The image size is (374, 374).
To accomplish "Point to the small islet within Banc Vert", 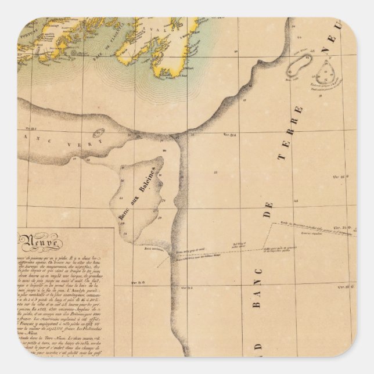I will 98,133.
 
